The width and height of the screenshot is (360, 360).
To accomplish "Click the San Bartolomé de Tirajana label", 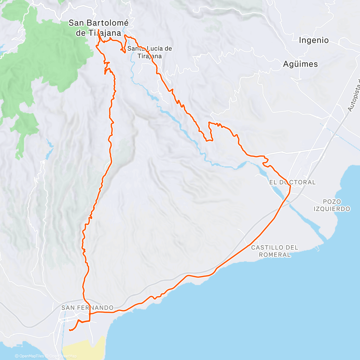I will [x=98, y=28].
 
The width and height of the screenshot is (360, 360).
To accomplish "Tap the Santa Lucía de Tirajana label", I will [x=150, y=52].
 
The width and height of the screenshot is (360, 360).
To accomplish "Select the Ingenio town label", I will [x=313, y=40].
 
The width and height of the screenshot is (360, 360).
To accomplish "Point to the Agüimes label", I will [x=300, y=64].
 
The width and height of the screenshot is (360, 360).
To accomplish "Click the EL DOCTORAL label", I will [x=292, y=182].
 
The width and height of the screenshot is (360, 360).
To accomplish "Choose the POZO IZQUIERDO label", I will [x=332, y=205].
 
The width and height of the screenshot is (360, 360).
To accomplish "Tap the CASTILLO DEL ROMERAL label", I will [x=274, y=251].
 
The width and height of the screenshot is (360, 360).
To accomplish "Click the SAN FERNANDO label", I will [x=87, y=307].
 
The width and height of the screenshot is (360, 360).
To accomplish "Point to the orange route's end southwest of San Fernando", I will [x=70, y=330].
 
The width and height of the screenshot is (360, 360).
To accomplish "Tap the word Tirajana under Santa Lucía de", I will [x=150, y=56].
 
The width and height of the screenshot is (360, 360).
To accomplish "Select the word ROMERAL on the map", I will [x=274, y=255].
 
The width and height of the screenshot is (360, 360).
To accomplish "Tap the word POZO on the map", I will [x=332, y=202].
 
